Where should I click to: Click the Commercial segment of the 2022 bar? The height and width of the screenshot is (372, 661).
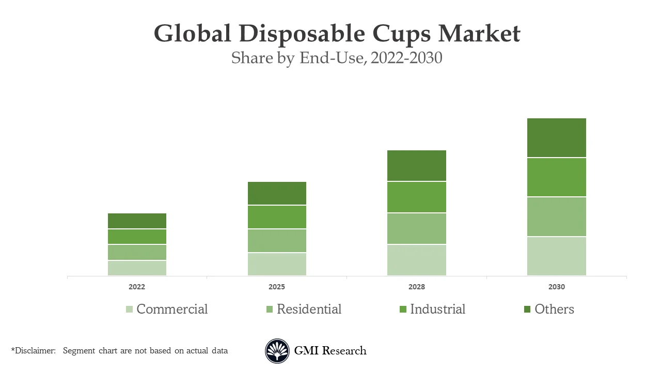137,268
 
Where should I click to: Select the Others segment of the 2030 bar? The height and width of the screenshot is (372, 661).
557,137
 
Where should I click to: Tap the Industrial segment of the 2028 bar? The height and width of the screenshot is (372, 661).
417,197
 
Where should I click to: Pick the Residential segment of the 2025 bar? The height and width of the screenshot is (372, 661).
277,241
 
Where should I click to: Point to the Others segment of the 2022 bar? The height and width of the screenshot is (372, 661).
137,221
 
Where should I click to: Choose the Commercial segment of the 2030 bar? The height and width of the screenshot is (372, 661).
557,256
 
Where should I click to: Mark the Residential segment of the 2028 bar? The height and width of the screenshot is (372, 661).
417,228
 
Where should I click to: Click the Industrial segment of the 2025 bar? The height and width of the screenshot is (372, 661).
277,217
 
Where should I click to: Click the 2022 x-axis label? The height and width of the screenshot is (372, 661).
137,287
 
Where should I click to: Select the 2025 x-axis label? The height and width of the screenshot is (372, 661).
277,287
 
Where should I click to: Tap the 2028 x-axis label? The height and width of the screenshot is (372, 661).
417,287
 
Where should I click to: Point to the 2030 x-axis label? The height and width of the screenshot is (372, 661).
557,287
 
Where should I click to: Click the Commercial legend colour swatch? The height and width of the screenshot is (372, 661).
129,309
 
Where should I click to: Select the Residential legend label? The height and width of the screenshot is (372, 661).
309,309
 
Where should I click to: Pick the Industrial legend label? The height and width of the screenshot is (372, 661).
437,309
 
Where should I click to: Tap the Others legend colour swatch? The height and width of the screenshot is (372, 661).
527,309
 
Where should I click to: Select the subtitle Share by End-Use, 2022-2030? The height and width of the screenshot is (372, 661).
337,58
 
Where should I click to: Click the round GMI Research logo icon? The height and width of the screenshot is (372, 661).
277,351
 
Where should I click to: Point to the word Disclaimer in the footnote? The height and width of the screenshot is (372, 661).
35,351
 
